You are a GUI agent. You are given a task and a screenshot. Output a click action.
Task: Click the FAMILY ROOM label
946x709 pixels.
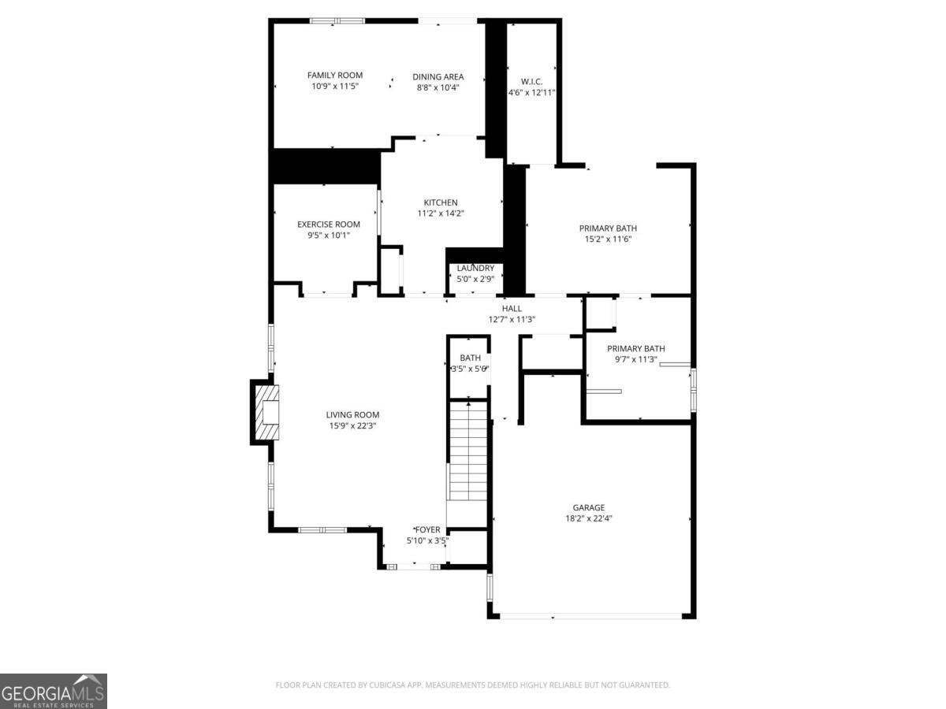[335, 76]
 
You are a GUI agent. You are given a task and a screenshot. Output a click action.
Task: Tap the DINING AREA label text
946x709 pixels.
[438, 77]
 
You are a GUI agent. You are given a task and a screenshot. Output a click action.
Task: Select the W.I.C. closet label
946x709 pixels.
[531, 82]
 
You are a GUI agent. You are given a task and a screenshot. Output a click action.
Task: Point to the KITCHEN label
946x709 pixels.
[441, 202]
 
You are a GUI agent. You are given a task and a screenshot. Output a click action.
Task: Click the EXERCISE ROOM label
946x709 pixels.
[329, 225]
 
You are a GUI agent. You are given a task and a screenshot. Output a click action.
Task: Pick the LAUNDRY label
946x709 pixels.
[475, 268]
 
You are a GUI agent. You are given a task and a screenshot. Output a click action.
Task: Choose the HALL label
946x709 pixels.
[512, 309]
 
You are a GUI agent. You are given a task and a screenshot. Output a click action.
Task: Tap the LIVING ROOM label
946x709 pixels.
[352, 415]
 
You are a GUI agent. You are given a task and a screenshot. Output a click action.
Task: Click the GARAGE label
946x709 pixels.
[589, 508]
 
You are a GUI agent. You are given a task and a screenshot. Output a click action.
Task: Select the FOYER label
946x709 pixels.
[427, 530]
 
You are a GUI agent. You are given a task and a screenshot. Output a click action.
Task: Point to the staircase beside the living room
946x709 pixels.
[468, 451]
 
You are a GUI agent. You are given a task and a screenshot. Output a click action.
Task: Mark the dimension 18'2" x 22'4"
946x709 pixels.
[589, 518]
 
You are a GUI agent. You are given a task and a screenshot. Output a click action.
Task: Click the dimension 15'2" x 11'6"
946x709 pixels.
[608, 239]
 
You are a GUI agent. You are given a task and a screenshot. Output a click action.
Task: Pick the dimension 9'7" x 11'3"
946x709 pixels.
[635, 359]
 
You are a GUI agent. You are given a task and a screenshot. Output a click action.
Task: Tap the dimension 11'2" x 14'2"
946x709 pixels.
[441, 213]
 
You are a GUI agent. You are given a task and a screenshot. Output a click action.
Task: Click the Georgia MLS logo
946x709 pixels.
[54, 692]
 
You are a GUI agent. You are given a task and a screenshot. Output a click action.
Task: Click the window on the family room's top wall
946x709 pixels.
[337, 20]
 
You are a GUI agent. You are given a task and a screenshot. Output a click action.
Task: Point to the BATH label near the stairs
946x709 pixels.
[470, 358]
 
